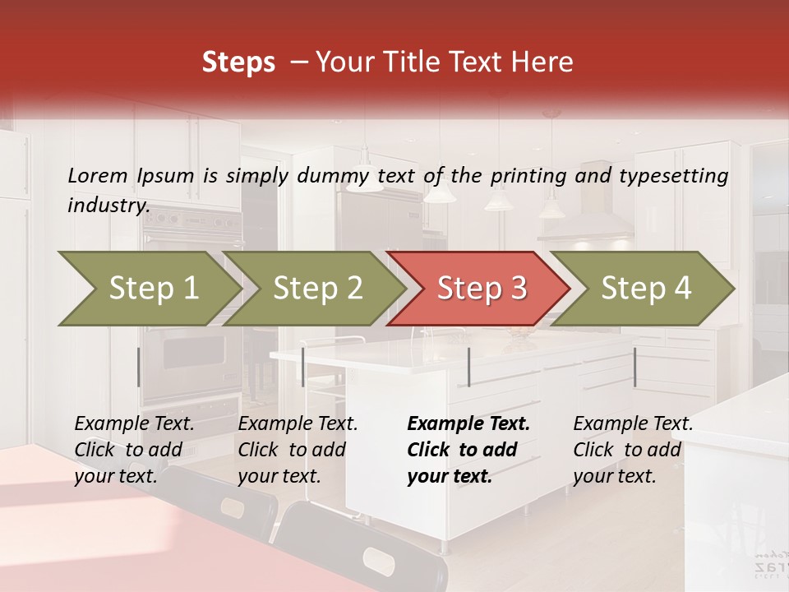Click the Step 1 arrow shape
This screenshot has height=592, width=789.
click(153, 289)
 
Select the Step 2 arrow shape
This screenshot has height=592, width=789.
click(317, 289)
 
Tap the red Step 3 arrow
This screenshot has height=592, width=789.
click(482, 289)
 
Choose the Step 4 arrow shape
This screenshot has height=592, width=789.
click(646, 289)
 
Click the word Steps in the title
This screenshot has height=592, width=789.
click(238, 62)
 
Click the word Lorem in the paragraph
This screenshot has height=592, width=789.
click(97, 175)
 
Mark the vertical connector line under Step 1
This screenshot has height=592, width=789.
click(139, 367)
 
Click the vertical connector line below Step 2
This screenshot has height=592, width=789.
click(303, 367)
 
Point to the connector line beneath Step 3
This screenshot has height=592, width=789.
click(468, 367)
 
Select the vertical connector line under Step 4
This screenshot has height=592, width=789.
click(634, 367)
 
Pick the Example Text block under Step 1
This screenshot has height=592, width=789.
click(135, 450)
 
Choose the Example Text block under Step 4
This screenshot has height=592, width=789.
click(633, 450)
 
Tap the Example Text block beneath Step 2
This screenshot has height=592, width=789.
click(298, 450)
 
